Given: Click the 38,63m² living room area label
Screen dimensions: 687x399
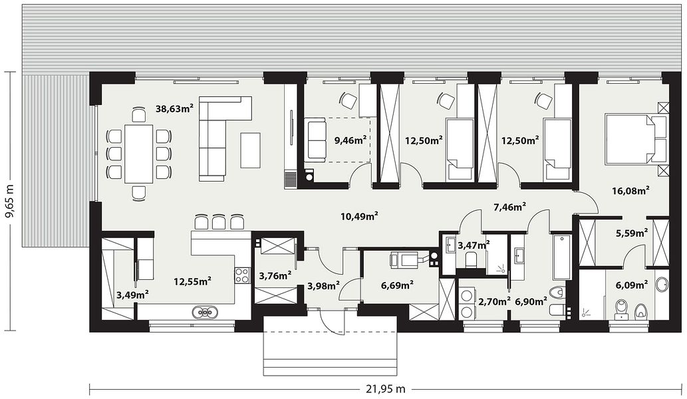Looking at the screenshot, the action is [x=174, y=108].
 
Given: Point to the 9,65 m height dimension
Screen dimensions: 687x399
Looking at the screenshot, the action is [x=10, y=201].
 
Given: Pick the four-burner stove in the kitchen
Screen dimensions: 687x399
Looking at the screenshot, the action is [x=242, y=275].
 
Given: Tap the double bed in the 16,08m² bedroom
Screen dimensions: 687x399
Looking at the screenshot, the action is [x=635, y=139].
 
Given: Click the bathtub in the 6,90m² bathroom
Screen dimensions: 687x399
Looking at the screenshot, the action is [x=562, y=257].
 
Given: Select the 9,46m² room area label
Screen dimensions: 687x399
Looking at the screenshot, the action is [x=350, y=140].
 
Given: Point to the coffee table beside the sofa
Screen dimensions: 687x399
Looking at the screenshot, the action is [x=250, y=150].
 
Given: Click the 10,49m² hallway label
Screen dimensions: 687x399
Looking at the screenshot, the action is [x=359, y=215].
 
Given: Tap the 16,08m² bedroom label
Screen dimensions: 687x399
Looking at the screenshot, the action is [x=630, y=190].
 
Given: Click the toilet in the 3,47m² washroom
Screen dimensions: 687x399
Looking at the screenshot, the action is [x=472, y=259].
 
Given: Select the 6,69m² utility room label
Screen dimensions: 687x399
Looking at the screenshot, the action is [x=398, y=285].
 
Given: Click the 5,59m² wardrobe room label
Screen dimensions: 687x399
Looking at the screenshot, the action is [x=632, y=233].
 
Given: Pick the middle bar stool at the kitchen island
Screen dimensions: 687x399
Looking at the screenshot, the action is [x=219, y=221].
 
